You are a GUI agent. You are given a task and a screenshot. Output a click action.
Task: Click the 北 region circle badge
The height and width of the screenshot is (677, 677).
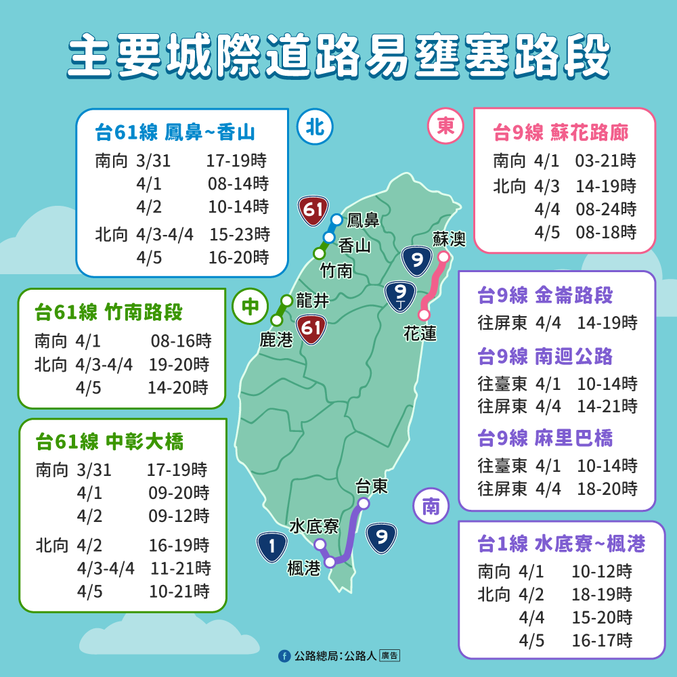pos(315,128)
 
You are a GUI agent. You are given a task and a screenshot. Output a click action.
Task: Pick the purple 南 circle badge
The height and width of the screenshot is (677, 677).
pos(431,508)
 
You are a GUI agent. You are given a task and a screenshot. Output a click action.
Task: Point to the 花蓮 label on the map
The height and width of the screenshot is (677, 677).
pos(420,333)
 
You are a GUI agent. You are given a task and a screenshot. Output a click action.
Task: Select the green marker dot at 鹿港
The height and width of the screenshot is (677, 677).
pos(276,320)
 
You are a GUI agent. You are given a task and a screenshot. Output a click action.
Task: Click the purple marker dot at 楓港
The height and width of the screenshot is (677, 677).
pos(330,562)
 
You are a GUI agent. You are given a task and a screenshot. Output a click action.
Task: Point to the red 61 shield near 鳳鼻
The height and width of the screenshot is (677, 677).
pos(313,211)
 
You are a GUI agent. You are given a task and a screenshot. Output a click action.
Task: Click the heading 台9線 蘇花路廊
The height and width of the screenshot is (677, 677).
pos(561,133)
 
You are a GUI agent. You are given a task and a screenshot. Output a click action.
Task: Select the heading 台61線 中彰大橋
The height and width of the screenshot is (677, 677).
pos(109,443)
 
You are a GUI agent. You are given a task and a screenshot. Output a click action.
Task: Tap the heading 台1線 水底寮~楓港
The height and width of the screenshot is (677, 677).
pos(561,544)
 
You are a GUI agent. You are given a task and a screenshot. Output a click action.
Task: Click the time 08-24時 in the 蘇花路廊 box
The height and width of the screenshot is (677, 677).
pos(606,209)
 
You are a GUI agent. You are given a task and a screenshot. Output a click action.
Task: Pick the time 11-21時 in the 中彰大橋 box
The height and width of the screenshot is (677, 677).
pos(179,567)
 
